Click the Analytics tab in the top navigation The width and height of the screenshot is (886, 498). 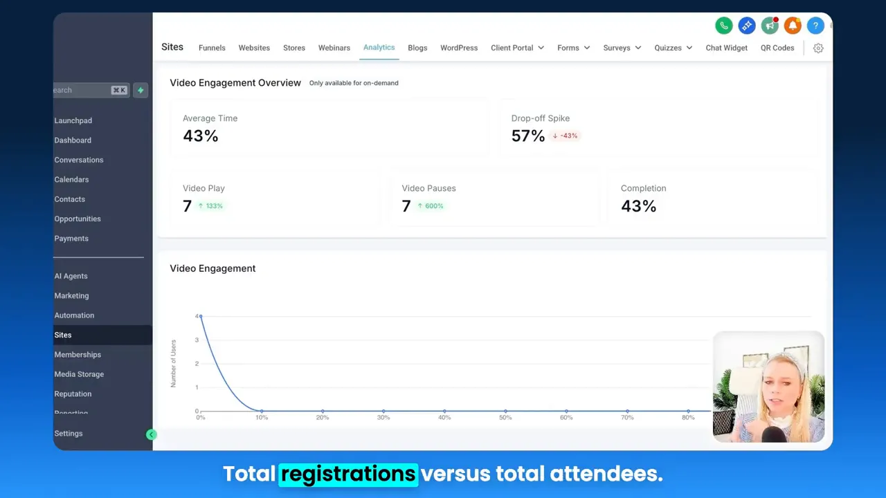click(x=379, y=47)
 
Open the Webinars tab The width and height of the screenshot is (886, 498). click(x=334, y=48)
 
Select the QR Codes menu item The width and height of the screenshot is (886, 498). click(x=777, y=48)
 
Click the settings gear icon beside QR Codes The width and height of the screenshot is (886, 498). click(x=818, y=48)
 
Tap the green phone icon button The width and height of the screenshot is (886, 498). click(x=723, y=26)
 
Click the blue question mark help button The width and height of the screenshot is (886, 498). click(x=815, y=26)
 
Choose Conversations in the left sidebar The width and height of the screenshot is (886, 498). click(x=79, y=160)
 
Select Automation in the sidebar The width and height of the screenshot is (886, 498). click(x=74, y=315)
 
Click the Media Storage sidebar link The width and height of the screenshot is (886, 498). click(x=79, y=374)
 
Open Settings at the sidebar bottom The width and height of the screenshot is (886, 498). click(x=69, y=434)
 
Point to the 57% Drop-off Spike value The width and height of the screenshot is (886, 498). click(x=527, y=136)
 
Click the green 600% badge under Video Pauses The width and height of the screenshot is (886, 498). click(x=430, y=206)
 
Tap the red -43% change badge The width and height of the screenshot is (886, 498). click(x=566, y=136)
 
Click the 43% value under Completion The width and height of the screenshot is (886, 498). click(x=638, y=206)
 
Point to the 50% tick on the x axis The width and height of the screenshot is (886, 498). click(x=505, y=418)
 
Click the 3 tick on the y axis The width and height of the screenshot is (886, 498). click(x=197, y=340)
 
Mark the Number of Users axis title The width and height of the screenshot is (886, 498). click(x=173, y=363)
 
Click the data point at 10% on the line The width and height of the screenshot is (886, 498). click(x=262, y=411)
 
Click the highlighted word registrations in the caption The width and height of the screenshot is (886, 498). click(x=348, y=474)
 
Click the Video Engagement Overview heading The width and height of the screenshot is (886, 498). click(x=235, y=83)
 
